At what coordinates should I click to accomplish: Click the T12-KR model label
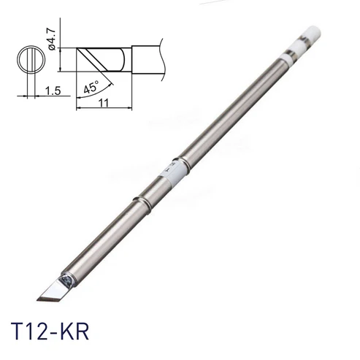click(50, 332)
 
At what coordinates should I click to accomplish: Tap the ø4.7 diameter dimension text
click(52, 39)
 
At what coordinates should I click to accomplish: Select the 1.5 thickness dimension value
click(53, 91)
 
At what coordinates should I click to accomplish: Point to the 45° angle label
click(91, 87)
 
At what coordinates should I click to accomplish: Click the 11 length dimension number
click(104, 103)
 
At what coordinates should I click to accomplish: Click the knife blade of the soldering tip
click(54, 290)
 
